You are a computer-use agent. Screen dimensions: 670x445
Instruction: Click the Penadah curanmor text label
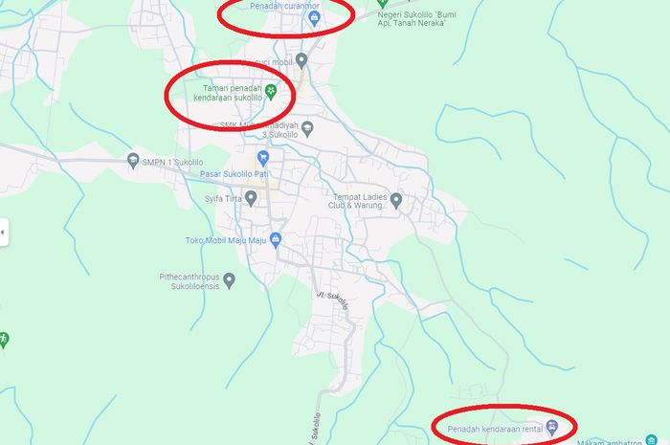[285, 6]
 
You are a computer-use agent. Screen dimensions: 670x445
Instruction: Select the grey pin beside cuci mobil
[301, 61]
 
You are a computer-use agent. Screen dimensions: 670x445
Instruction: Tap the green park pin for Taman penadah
[271, 91]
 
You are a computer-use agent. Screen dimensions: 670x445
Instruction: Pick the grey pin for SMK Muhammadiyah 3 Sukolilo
[307, 127]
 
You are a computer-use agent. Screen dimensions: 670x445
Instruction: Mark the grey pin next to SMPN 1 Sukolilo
[133, 162]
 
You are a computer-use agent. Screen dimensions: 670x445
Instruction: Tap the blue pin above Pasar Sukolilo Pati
[263, 158]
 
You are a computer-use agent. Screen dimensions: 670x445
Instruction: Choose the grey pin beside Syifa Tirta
[251, 198]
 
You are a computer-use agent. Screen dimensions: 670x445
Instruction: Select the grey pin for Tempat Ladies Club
[396, 199]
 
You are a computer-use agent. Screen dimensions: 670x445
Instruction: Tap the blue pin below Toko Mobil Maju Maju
[276, 239]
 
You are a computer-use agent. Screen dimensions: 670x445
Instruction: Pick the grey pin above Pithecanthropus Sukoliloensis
[229, 279]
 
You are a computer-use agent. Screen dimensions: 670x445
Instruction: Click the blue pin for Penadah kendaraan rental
[551, 428]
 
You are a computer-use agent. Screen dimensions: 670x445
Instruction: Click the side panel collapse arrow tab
[4, 232]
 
